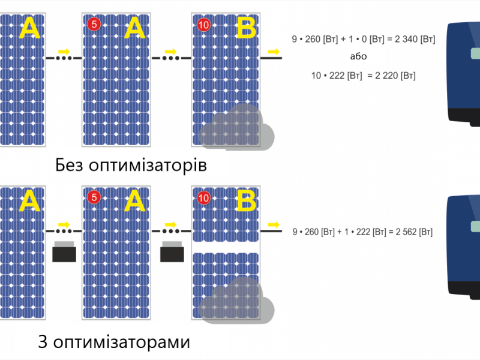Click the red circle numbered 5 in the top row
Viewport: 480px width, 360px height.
click(94, 24)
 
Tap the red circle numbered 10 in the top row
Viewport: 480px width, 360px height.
click(203, 25)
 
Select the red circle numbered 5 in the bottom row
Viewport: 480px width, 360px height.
click(94, 197)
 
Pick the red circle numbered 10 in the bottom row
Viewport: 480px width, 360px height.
click(203, 198)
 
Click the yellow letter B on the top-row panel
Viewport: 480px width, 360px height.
click(247, 28)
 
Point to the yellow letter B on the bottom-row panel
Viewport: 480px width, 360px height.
click(247, 201)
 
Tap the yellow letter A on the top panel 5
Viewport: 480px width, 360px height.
click(134, 28)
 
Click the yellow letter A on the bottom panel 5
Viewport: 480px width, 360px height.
click(134, 201)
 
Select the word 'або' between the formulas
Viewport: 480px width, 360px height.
click(358, 56)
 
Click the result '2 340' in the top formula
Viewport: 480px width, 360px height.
click(406, 39)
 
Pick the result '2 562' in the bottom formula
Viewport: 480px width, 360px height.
click(406, 232)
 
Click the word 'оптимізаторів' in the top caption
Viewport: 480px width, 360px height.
click(148, 166)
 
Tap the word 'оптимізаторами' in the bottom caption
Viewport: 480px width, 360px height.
click(122, 342)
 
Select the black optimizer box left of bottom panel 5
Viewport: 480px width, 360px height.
click(64, 251)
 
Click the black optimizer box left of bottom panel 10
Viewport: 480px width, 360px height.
click(172, 251)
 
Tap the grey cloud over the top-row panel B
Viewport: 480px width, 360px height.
click(236, 127)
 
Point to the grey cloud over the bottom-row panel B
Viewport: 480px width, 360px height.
click(236, 301)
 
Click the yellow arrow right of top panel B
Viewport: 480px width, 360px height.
click(274, 52)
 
